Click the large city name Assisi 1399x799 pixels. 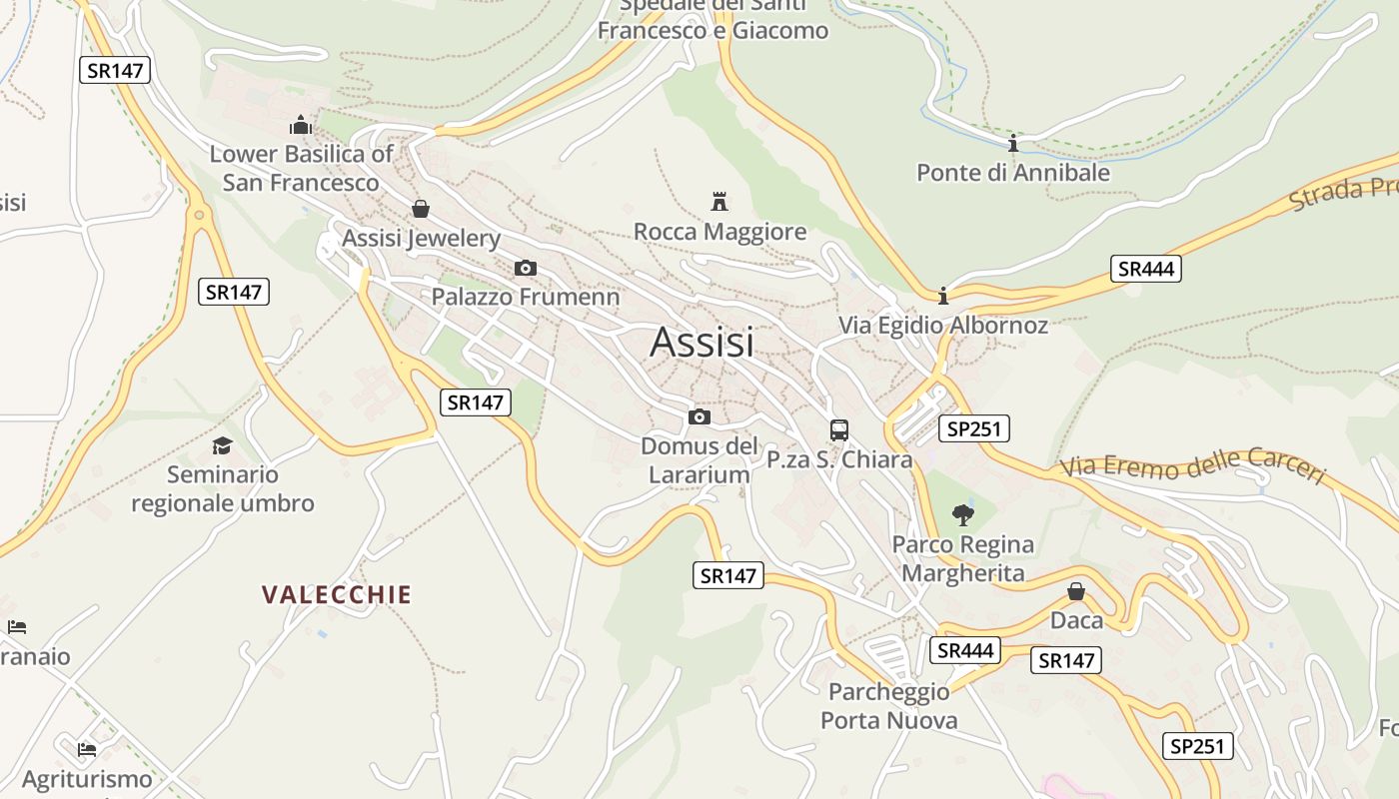click(x=701, y=343)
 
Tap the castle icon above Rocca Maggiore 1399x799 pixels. click(x=719, y=202)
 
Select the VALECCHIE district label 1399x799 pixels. click(x=337, y=595)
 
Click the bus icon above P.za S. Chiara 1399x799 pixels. click(x=839, y=430)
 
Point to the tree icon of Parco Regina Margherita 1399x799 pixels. click(x=963, y=515)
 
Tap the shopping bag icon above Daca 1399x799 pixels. click(x=1076, y=591)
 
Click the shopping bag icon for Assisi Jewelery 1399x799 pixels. click(x=421, y=209)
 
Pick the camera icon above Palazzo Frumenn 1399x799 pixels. click(x=525, y=268)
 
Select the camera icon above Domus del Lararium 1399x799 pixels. click(x=699, y=416)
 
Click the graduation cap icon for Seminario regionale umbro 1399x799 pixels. click(x=222, y=445)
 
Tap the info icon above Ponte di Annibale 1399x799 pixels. click(x=1013, y=143)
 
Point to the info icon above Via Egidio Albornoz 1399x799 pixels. click(x=942, y=296)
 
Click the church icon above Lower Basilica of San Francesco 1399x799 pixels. click(x=301, y=125)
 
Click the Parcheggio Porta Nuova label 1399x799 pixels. click(x=888, y=706)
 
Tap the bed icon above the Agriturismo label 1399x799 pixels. click(x=87, y=749)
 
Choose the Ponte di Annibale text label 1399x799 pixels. click(x=1013, y=173)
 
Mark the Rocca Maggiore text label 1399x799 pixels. click(x=719, y=233)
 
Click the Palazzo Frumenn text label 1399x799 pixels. click(x=526, y=297)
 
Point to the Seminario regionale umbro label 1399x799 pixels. click(x=223, y=489)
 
